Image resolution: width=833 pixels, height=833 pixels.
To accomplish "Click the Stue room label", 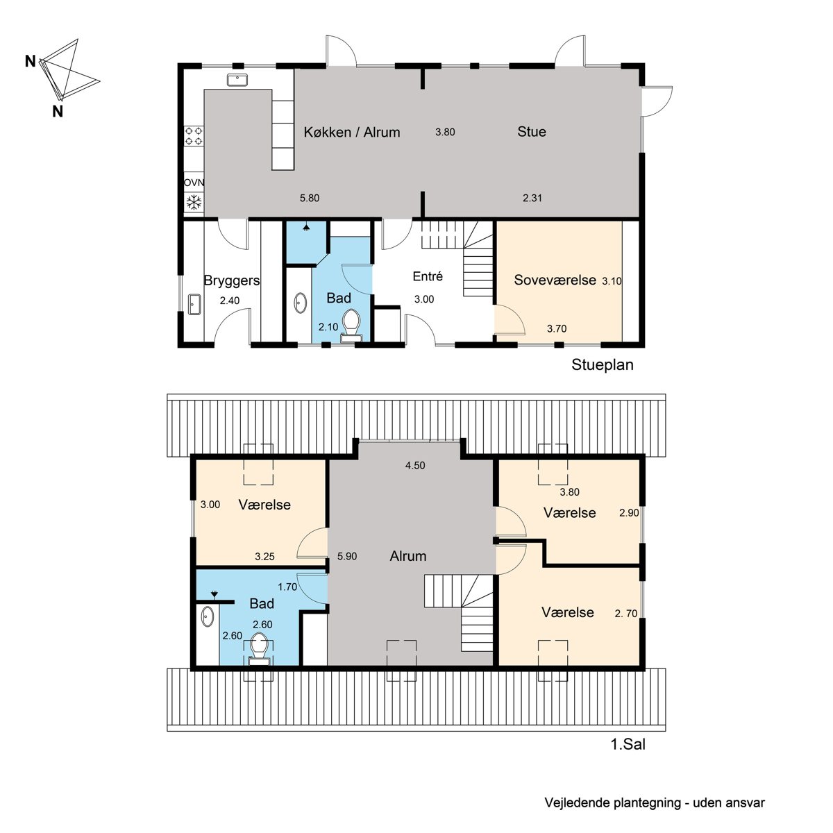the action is tap(531, 131).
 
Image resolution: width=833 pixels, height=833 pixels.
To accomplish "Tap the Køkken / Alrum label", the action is tap(351, 132).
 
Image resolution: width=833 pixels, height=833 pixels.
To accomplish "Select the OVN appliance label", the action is tap(194, 183).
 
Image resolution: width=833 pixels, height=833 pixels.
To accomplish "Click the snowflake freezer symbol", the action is tap(194, 202).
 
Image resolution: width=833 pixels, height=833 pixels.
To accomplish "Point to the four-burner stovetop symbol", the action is tap(194, 135).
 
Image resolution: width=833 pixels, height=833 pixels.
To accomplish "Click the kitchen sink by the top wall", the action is tap(237, 80).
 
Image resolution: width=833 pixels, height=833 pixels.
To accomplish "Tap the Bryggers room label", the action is tap(231, 280).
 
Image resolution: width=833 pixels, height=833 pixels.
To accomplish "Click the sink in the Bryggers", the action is tap(194, 305).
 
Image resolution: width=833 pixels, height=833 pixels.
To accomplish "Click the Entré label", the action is tap(428, 276).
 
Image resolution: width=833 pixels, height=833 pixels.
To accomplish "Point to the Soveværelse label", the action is tap(555, 280).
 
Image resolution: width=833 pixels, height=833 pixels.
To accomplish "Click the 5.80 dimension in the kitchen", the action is tap(310, 198).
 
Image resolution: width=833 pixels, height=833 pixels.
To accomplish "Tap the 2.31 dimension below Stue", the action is tap(532, 198).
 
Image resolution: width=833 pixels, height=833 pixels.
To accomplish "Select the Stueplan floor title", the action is tap(602, 364).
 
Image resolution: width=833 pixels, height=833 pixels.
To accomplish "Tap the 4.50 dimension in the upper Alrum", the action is tap(415, 465).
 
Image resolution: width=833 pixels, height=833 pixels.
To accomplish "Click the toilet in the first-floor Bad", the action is tap(259, 649).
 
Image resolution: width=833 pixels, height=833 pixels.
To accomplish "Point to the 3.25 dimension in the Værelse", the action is tap(264, 556).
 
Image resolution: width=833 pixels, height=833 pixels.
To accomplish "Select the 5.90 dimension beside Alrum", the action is tap(347, 556).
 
